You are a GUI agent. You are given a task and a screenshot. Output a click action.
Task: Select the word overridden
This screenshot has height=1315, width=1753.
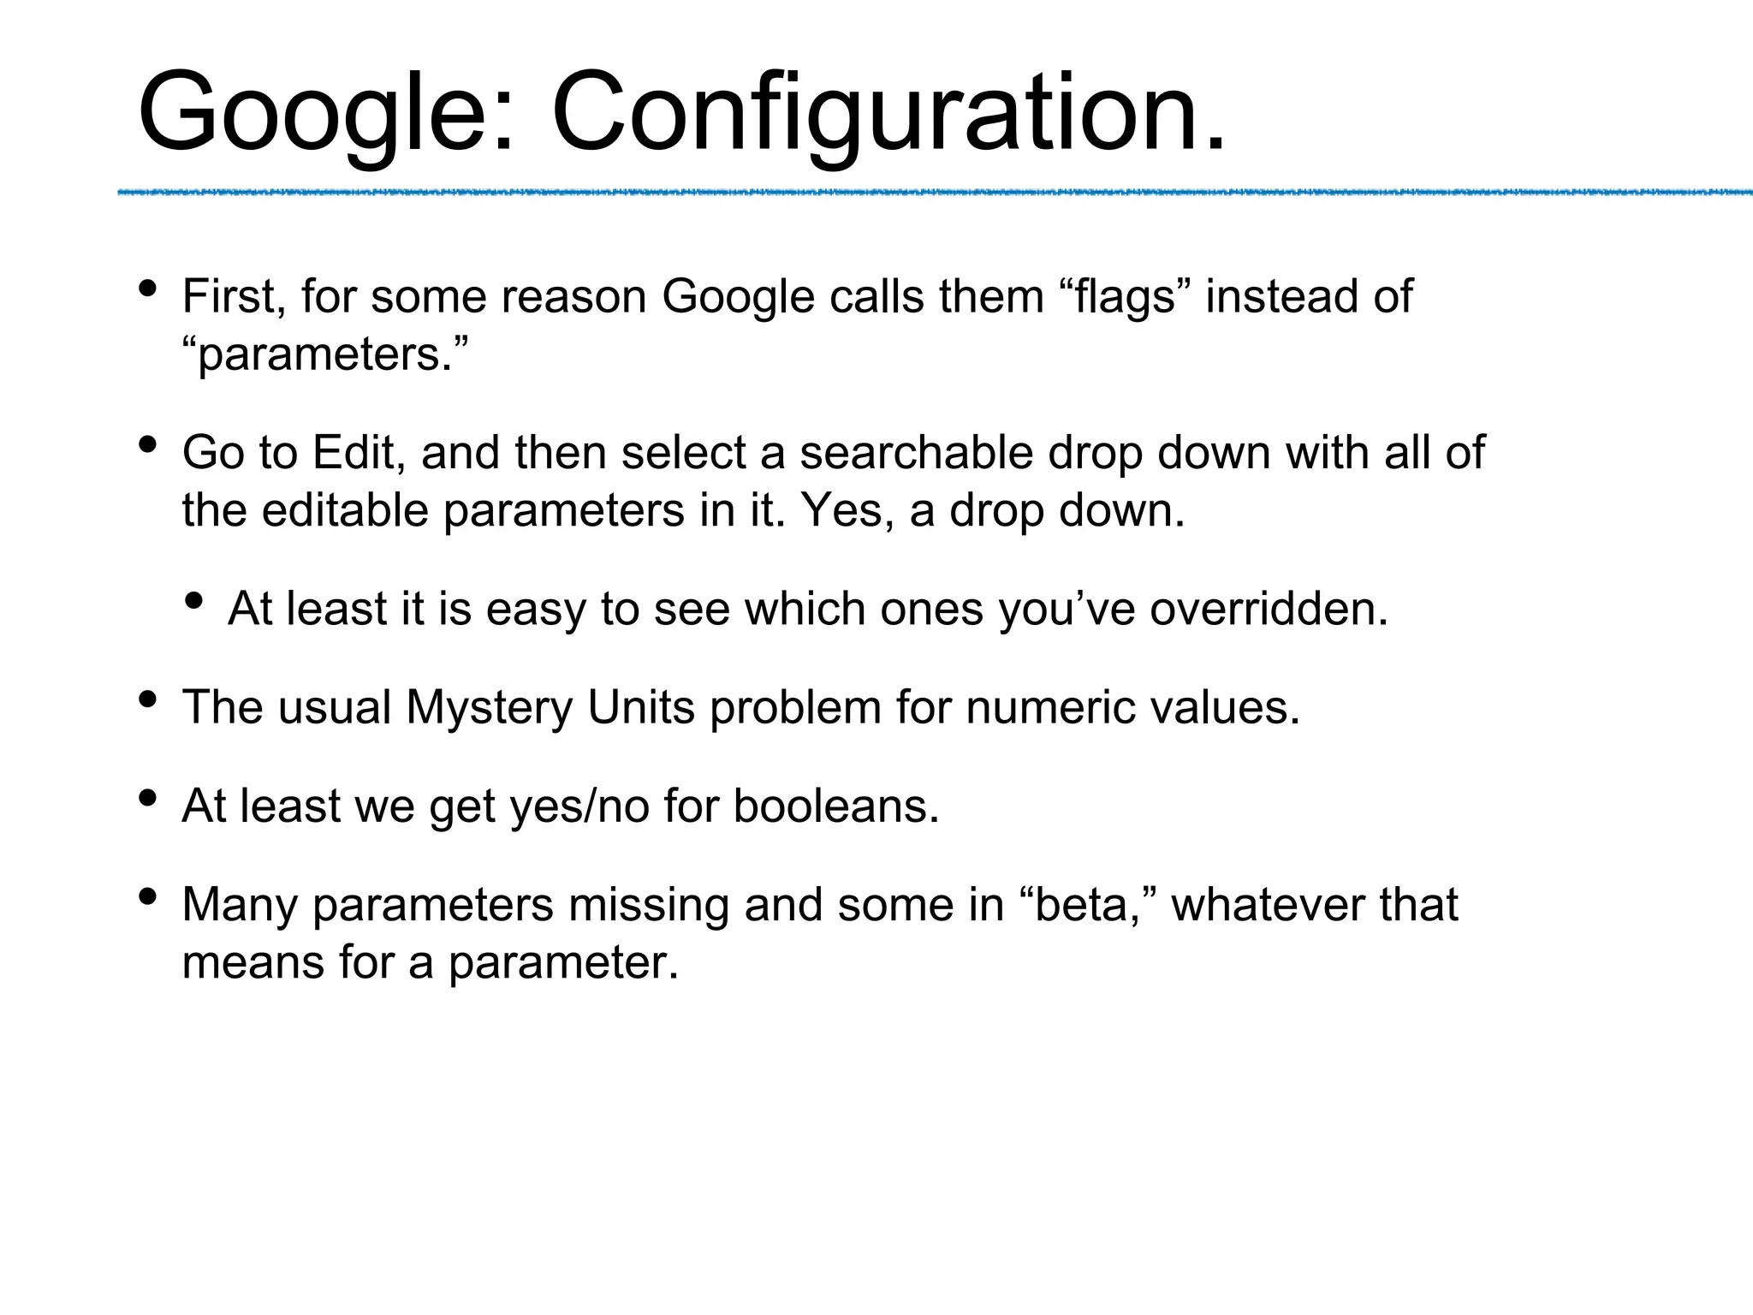(x=1269, y=610)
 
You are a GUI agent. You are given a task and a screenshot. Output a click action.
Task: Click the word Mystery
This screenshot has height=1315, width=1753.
(x=489, y=708)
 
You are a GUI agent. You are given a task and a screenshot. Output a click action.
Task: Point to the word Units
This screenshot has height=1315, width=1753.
(x=641, y=708)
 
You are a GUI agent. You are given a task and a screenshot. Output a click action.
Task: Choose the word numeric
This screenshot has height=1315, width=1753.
(x=1049, y=708)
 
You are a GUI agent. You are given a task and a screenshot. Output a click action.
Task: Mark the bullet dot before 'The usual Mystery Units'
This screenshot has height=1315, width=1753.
(x=147, y=699)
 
